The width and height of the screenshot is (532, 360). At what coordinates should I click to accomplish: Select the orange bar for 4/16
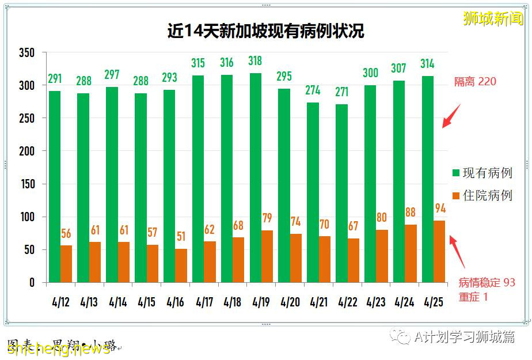pos(181,266)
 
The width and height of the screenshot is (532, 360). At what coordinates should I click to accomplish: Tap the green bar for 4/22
pos(341,193)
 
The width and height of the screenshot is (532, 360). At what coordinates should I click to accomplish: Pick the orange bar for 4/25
pos(439,252)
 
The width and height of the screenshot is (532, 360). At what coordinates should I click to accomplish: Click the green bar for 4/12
pos(54,187)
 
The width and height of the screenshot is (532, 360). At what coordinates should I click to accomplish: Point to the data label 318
pos(255,61)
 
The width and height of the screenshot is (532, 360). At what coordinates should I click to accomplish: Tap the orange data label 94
pos(440,209)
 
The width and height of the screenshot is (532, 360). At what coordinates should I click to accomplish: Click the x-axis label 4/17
pos(203,302)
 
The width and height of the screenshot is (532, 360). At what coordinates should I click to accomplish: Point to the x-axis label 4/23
pos(376,302)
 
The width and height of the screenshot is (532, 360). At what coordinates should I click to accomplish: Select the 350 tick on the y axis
pos(26,53)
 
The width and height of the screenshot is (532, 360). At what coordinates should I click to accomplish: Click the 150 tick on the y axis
pos(26,184)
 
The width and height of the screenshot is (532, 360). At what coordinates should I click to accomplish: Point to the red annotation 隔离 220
pos(475,82)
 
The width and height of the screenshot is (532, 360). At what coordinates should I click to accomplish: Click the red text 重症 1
pos(473,297)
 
